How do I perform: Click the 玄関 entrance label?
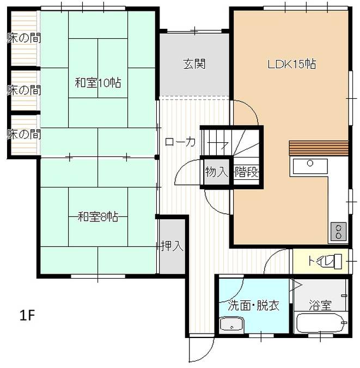pyautogui.click(x=193, y=64)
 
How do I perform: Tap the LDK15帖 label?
pyautogui.click(x=292, y=64)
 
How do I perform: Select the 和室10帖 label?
pyautogui.click(x=97, y=83)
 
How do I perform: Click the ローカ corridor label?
pyautogui.click(x=180, y=142)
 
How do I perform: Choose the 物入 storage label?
pyautogui.click(x=216, y=172)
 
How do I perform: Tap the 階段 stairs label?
pyautogui.click(x=246, y=172)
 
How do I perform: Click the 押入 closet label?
pyautogui.click(x=172, y=246)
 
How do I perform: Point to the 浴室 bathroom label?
pyautogui.click(x=320, y=305)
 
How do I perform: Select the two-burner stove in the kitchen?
pyautogui.click(x=337, y=231)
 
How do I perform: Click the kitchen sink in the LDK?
pyautogui.click(x=310, y=165)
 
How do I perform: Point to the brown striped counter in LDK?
pyautogui.click(x=318, y=148)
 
